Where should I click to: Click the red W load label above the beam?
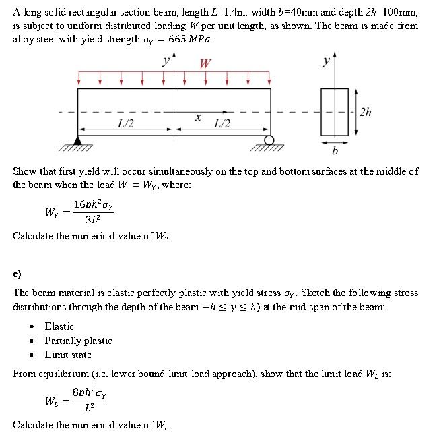pos(205,64)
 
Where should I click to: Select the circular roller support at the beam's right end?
pos(270,140)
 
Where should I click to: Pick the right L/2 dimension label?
pos(222,123)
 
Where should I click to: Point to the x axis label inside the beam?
pos(197,117)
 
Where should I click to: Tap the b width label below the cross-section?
pos(335,150)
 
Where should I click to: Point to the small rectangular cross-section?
pos(335,112)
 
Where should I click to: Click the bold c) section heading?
pos(17,274)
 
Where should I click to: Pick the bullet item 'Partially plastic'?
pos(78,341)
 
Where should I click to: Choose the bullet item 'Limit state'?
pos(68,355)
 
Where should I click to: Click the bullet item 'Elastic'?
pos(59,326)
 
